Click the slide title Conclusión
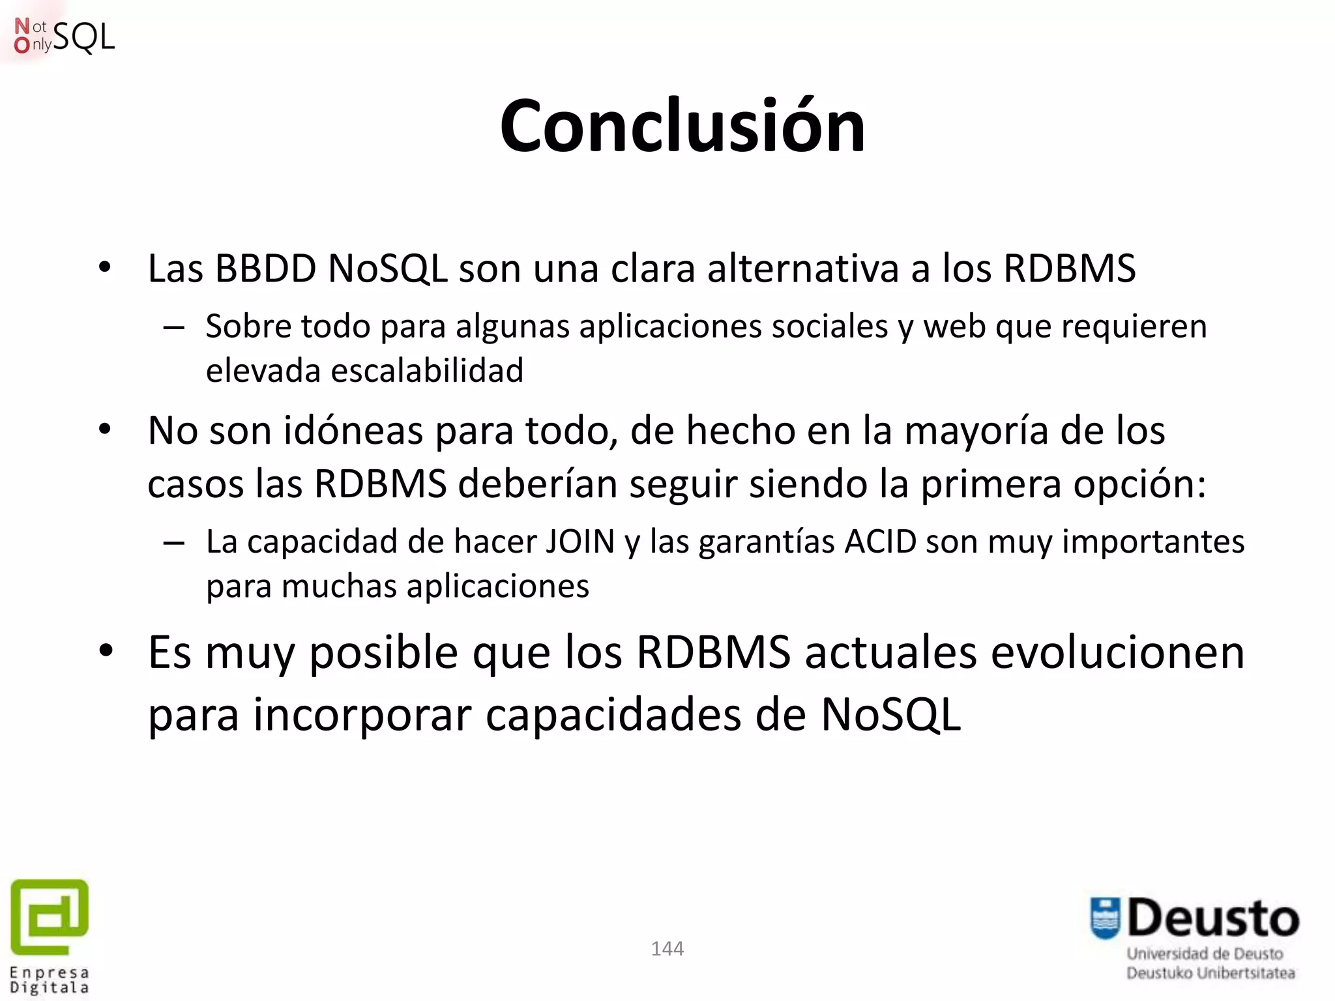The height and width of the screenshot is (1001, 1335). pyautogui.click(x=682, y=126)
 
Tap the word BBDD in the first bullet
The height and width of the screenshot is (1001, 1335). pyautogui.click(x=265, y=268)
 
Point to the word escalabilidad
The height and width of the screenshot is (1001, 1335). pyautogui.click(x=427, y=371)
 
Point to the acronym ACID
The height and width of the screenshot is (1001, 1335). pyautogui.click(x=880, y=542)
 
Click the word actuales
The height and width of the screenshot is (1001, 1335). pyautogui.click(x=890, y=653)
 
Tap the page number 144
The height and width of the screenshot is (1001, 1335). pyautogui.click(x=667, y=949)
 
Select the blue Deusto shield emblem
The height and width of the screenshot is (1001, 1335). pyautogui.click(x=1105, y=918)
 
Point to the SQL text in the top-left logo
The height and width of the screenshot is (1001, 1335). pyautogui.click(x=84, y=37)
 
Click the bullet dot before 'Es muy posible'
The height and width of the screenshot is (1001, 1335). pyautogui.click(x=106, y=651)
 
